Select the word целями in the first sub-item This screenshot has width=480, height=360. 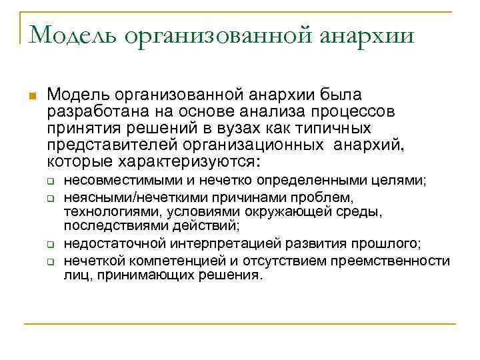tap(404, 181)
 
